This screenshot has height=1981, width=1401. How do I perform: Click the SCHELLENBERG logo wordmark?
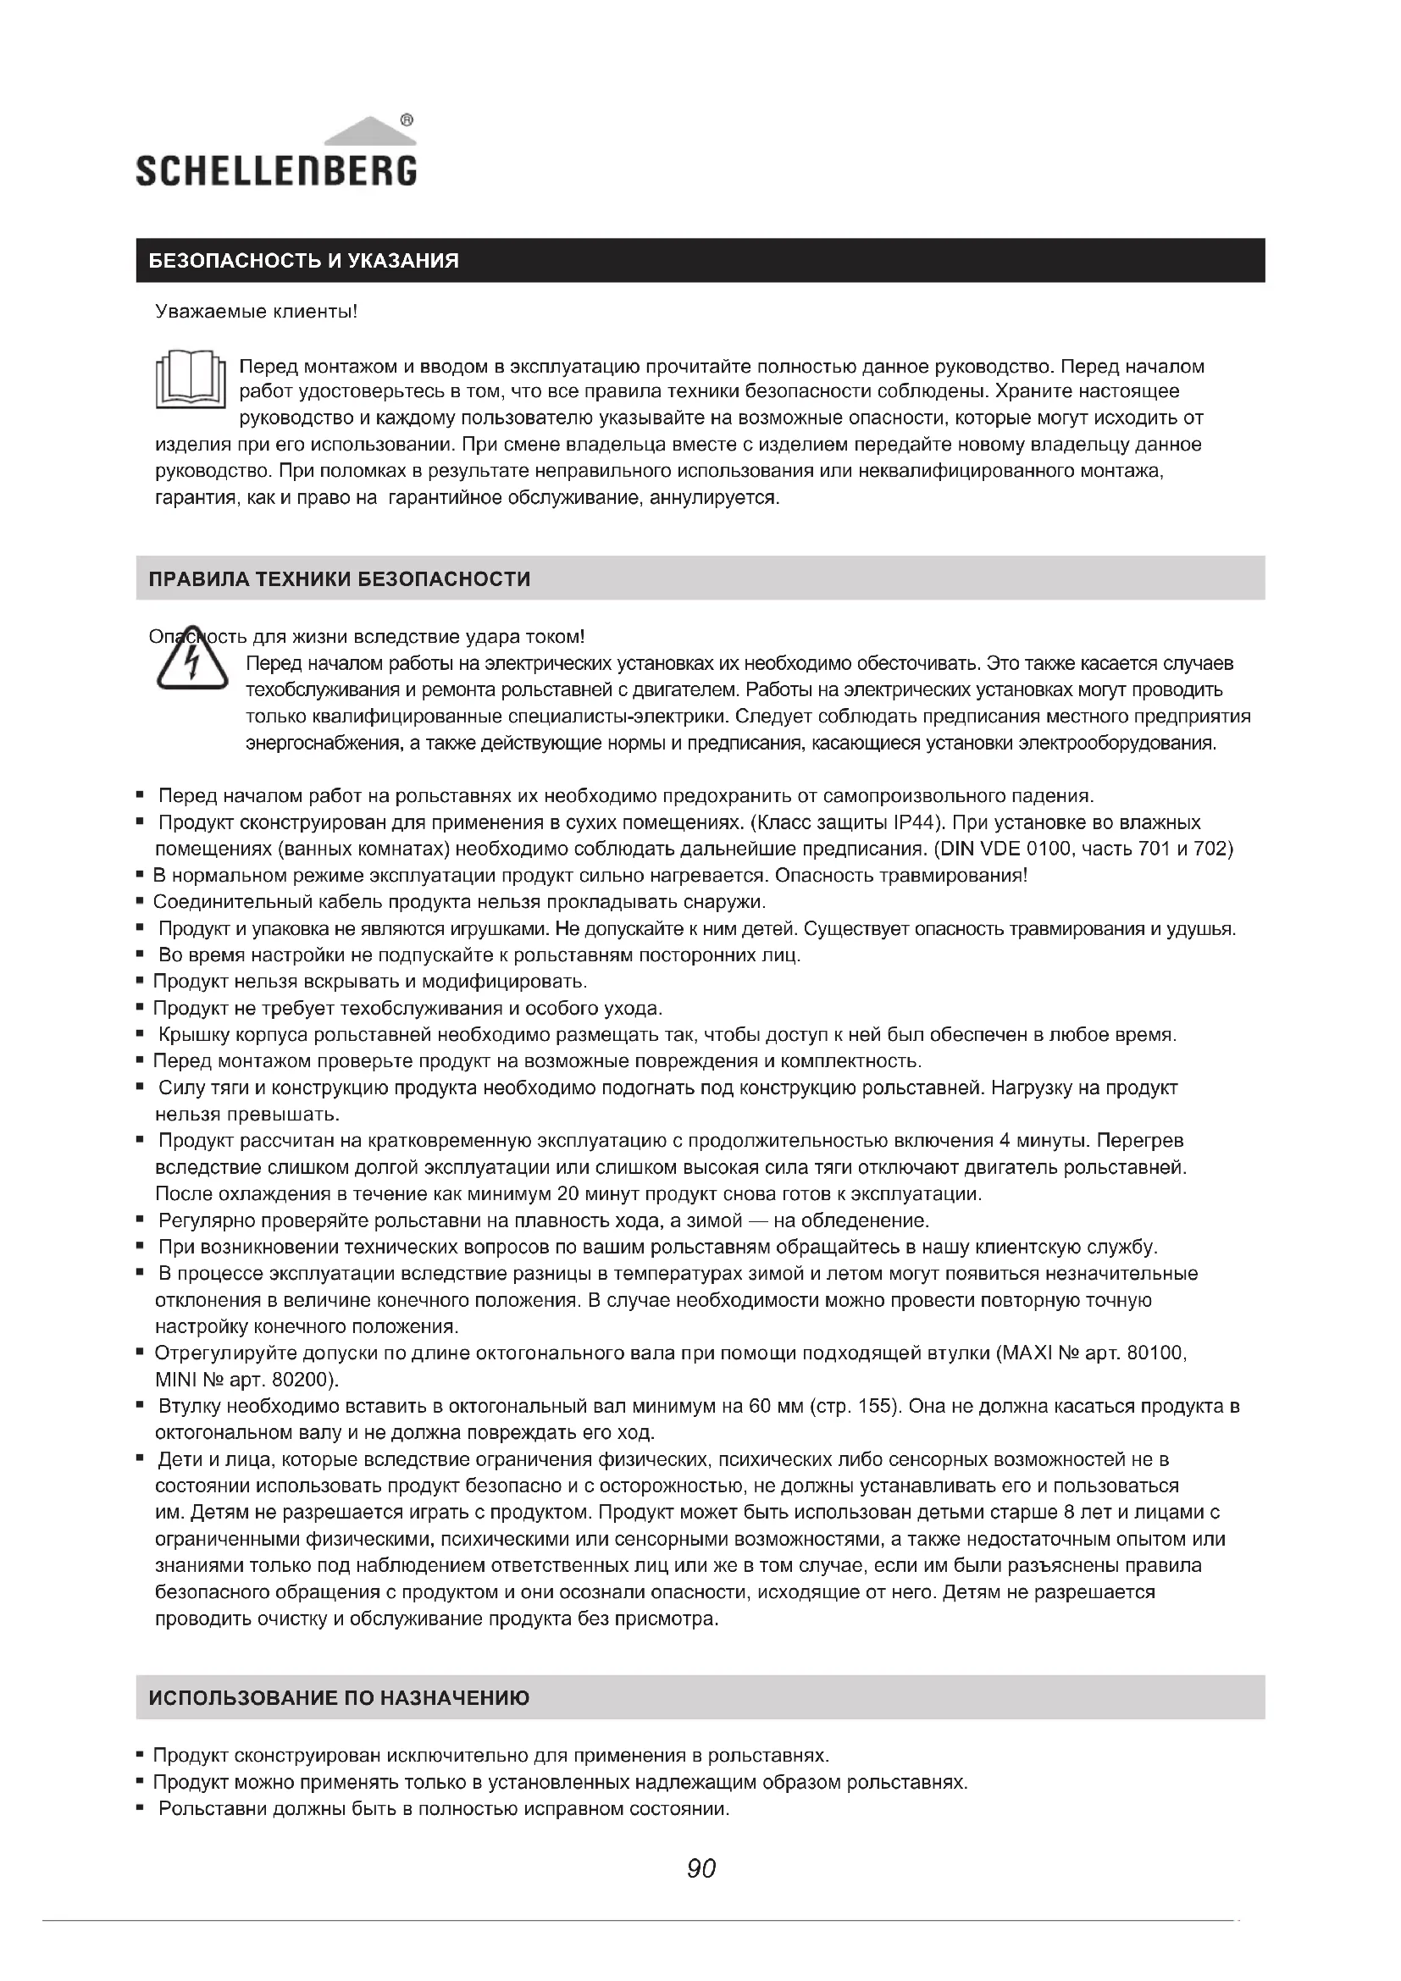276,170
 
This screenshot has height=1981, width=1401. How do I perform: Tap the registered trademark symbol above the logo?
407,120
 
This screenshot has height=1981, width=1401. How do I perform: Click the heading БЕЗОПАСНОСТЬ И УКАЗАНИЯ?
304,261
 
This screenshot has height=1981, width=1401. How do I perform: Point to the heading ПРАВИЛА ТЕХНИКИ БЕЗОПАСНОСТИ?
339,578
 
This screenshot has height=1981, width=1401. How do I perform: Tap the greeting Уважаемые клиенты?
256,311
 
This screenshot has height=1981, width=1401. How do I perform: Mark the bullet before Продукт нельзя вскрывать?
140,981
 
